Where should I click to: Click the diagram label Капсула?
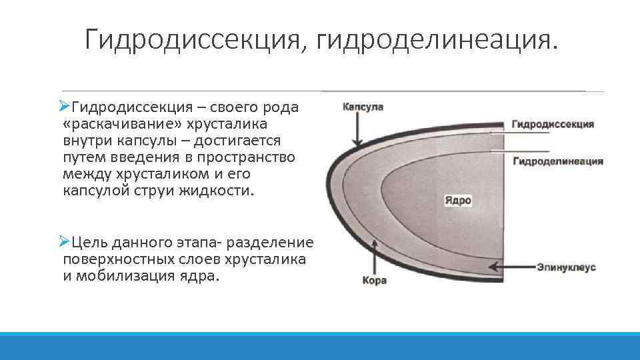[x=363, y=107]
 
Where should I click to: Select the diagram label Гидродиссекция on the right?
[x=553, y=125]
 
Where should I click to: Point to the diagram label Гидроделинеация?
[x=558, y=161]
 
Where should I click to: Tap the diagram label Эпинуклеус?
[x=566, y=267]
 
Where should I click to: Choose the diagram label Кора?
[x=374, y=281]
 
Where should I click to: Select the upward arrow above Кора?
[x=377, y=257]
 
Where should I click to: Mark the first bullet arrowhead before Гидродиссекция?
[x=64, y=107]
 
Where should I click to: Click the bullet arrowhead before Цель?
[x=64, y=241]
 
